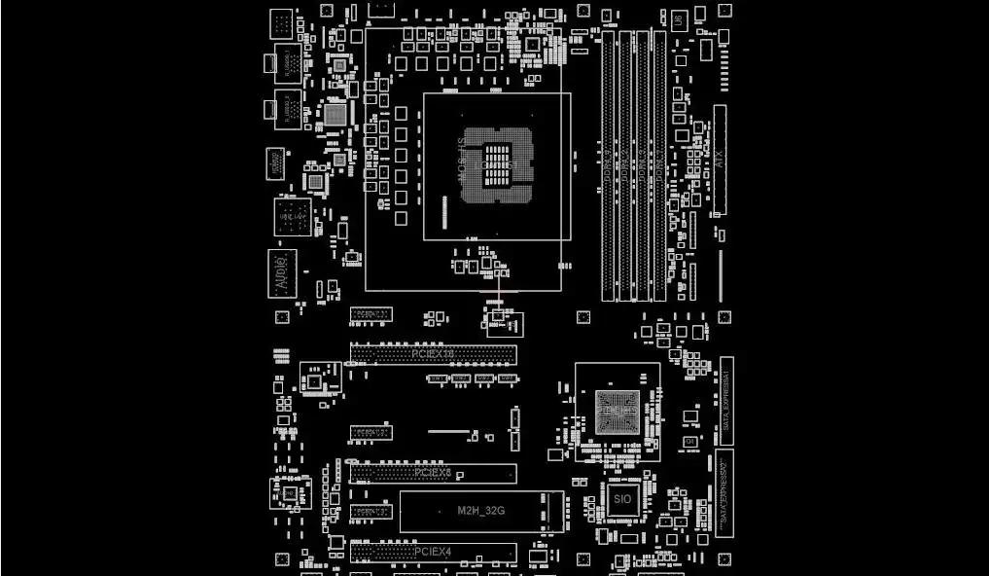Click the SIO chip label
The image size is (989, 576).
click(x=622, y=498)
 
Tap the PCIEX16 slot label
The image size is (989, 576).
click(x=433, y=354)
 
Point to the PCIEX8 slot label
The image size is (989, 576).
click(x=433, y=473)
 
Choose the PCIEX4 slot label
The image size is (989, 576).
click(x=433, y=552)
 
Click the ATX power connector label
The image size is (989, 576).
click(x=720, y=161)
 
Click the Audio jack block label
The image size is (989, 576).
click(x=282, y=273)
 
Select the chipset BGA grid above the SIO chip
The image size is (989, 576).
click(x=618, y=413)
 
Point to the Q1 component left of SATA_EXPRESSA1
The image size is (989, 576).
click(x=690, y=443)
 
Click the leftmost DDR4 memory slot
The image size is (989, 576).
click(x=609, y=165)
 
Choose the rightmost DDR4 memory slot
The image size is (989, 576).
click(x=660, y=165)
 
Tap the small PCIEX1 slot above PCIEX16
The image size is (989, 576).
click(x=371, y=314)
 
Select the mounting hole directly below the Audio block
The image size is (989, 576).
click(x=282, y=317)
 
